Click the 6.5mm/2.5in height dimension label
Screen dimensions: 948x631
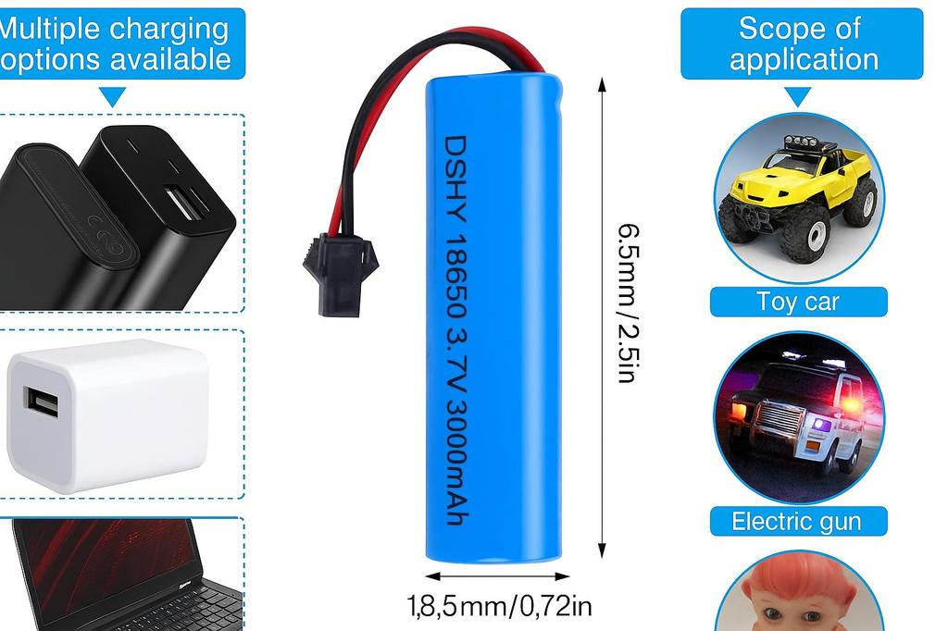[629, 302]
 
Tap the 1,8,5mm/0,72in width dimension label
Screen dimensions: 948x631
[499, 606]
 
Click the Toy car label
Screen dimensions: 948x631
[798, 302]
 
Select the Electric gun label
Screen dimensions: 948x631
[796, 521]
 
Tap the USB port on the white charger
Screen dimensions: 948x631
[42, 402]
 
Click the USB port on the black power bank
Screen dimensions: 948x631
[185, 203]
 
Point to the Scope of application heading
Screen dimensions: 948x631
[802, 43]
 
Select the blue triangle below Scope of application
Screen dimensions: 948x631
[798, 95]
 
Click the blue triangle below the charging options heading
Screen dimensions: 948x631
[113, 95]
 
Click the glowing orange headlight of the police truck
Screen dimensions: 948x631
[740, 408]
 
